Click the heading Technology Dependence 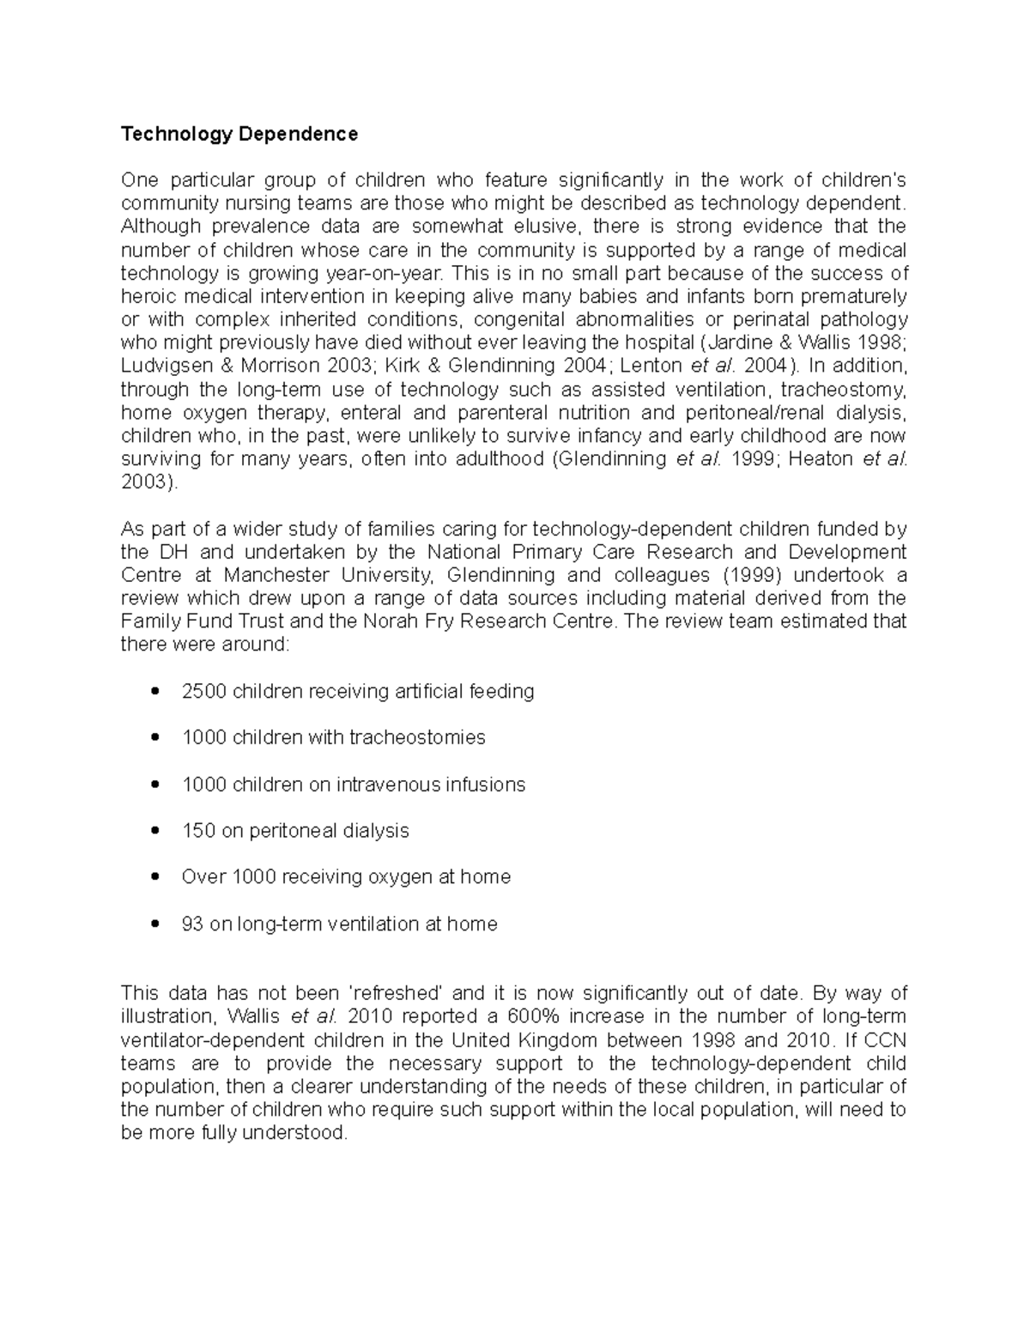coord(239,134)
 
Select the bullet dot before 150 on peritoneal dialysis coord(154,830)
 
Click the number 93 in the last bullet coord(192,924)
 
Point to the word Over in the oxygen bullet coord(203,876)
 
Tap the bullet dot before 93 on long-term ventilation coord(154,924)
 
